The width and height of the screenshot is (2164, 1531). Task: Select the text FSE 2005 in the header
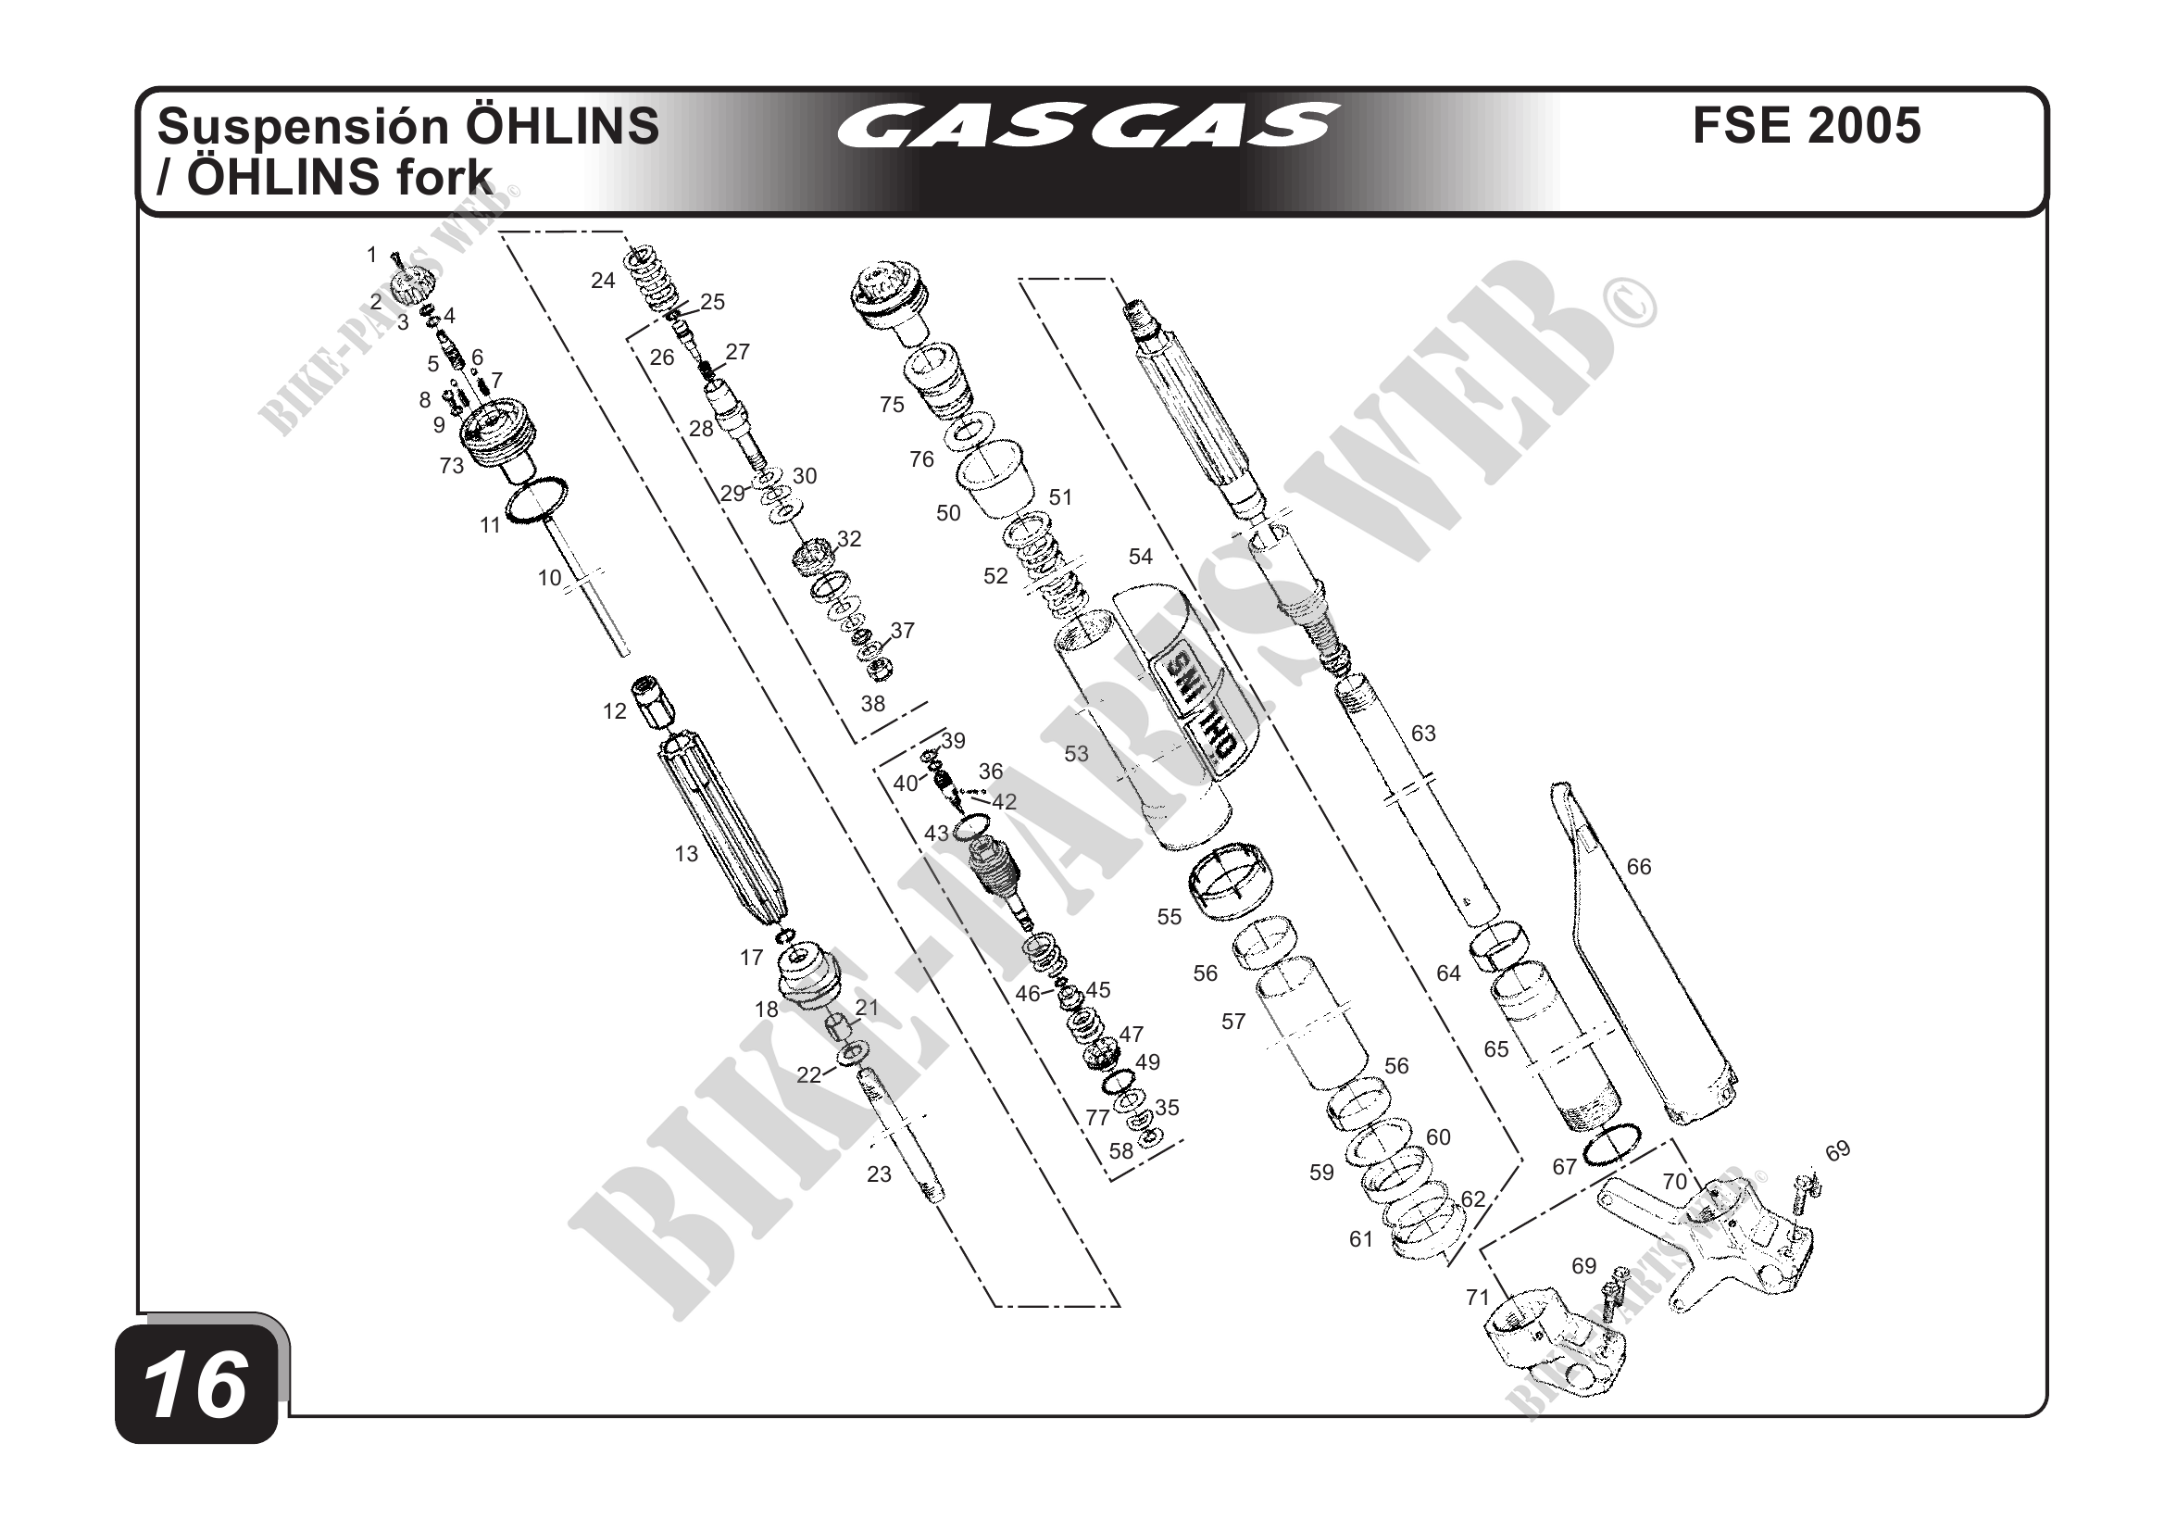tap(1806, 125)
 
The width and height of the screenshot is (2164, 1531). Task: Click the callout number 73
tap(452, 466)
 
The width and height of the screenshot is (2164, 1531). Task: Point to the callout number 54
tap(1141, 557)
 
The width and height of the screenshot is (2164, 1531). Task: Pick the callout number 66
tap(1639, 866)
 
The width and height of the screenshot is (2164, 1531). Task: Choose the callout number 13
tap(686, 854)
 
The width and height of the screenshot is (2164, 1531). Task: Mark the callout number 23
tap(880, 1174)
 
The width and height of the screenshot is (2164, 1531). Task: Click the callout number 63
tap(1423, 734)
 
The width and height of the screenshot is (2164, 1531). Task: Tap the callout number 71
tap(1478, 1299)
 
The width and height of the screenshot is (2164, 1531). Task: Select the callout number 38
tap(873, 703)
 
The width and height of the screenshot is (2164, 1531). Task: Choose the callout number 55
tap(1169, 917)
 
